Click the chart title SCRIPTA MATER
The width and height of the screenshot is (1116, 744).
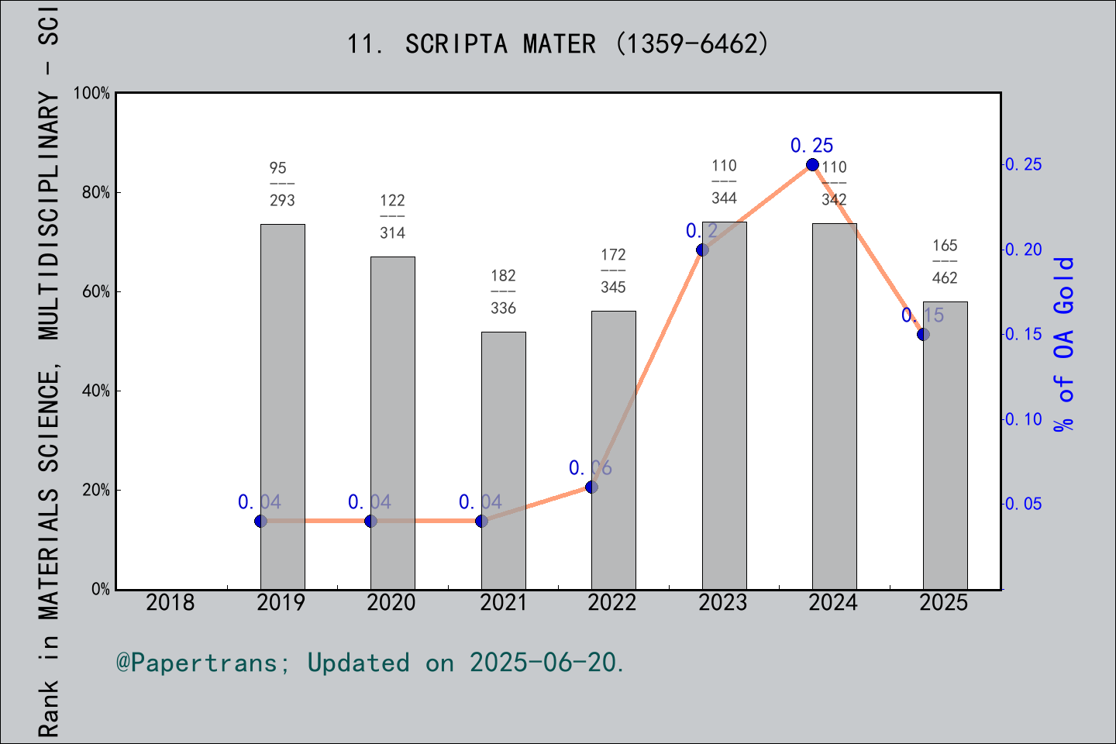557,44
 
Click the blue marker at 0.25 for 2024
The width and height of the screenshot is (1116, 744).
812,164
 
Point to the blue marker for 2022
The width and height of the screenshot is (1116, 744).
591,487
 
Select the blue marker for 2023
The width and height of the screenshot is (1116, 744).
702,250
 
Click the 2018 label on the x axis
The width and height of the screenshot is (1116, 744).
170,602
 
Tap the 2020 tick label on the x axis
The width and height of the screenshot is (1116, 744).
391,602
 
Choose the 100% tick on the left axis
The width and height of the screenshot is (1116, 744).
91,93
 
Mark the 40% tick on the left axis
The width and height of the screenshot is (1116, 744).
95,391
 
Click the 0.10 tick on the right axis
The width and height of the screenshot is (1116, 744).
1023,419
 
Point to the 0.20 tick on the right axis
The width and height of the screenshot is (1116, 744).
1023,250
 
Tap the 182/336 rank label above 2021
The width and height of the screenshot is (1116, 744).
503,292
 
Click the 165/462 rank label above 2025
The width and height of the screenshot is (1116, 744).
945,262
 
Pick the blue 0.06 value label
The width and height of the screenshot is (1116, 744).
590,467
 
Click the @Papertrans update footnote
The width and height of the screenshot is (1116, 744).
370,663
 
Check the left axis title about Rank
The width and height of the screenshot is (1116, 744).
48,372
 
